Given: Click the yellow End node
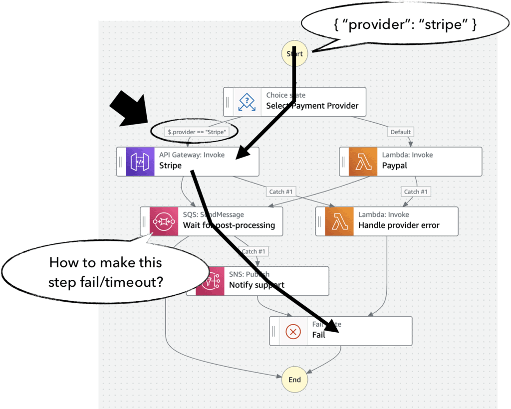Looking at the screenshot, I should [294, 380].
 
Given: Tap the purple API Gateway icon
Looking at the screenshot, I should [141, 161].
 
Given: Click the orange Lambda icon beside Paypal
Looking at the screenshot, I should [364, 161].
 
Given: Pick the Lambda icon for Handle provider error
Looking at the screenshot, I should [340, 221].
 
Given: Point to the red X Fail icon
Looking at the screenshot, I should [293, 331].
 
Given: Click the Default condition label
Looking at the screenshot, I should [401, 132].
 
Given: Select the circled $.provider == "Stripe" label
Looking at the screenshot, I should [194, 132].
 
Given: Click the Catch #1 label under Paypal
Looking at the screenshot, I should [415, 192].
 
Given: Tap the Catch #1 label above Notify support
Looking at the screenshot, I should [254, 251].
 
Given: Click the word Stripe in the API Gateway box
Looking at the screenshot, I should [170, 166].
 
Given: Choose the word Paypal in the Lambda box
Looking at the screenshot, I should [395, 166].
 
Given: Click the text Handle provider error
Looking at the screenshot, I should [399, 225].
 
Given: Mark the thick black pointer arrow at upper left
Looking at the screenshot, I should [128, 108].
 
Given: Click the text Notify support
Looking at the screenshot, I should [256, 285].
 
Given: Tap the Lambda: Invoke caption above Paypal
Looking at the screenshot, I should [407, 155].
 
